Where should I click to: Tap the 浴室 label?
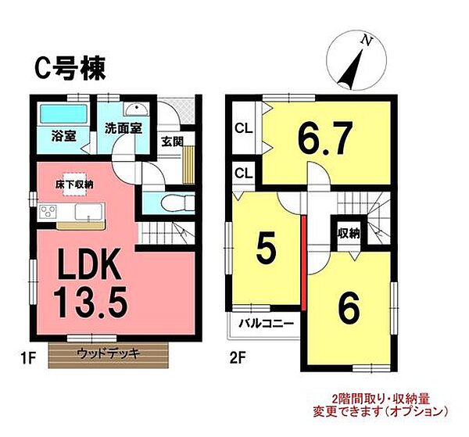[63, 134]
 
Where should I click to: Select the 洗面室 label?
[124, 129]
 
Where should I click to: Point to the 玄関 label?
[172, 141]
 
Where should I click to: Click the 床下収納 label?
[73, 184]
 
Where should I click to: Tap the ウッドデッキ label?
[108, 353]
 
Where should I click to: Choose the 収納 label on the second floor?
[349, 232]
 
